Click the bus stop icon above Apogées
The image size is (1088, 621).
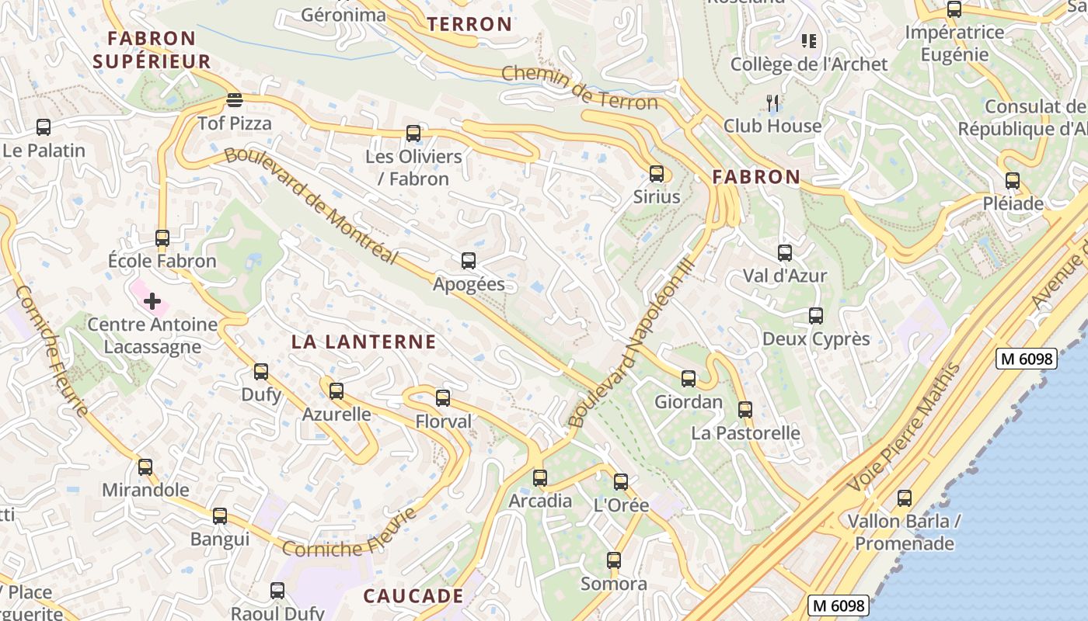[x=468, y=261]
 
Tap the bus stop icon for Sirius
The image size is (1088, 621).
[x=657, y=174]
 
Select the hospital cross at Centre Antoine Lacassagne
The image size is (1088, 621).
[x=152, y=300]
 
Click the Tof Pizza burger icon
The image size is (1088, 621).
[x=235, y=100]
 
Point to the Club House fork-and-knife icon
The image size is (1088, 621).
[x=772, y=102]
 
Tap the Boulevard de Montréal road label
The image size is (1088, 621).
[x=311, y=206]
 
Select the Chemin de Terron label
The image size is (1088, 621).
[x=580, y=87]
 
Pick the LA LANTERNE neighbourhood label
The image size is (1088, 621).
[x=364, y=342]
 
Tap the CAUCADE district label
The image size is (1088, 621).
[x=413, y=596]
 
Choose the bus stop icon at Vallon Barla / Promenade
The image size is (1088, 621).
[x=905, y=498]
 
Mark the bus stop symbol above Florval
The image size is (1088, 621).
[x=443, y=398]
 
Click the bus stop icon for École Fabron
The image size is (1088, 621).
[x=162, y=238]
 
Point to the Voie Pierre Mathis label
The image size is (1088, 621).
[x=905, y=428]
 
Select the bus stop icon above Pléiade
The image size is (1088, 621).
[x=1013, y=181]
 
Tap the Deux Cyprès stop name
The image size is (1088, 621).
[x=816, y=339]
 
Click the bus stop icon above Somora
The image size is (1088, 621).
[x=614, y=560]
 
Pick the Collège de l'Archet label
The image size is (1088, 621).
[x=808, y=64]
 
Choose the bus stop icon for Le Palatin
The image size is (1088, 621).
[x=44, y=127]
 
